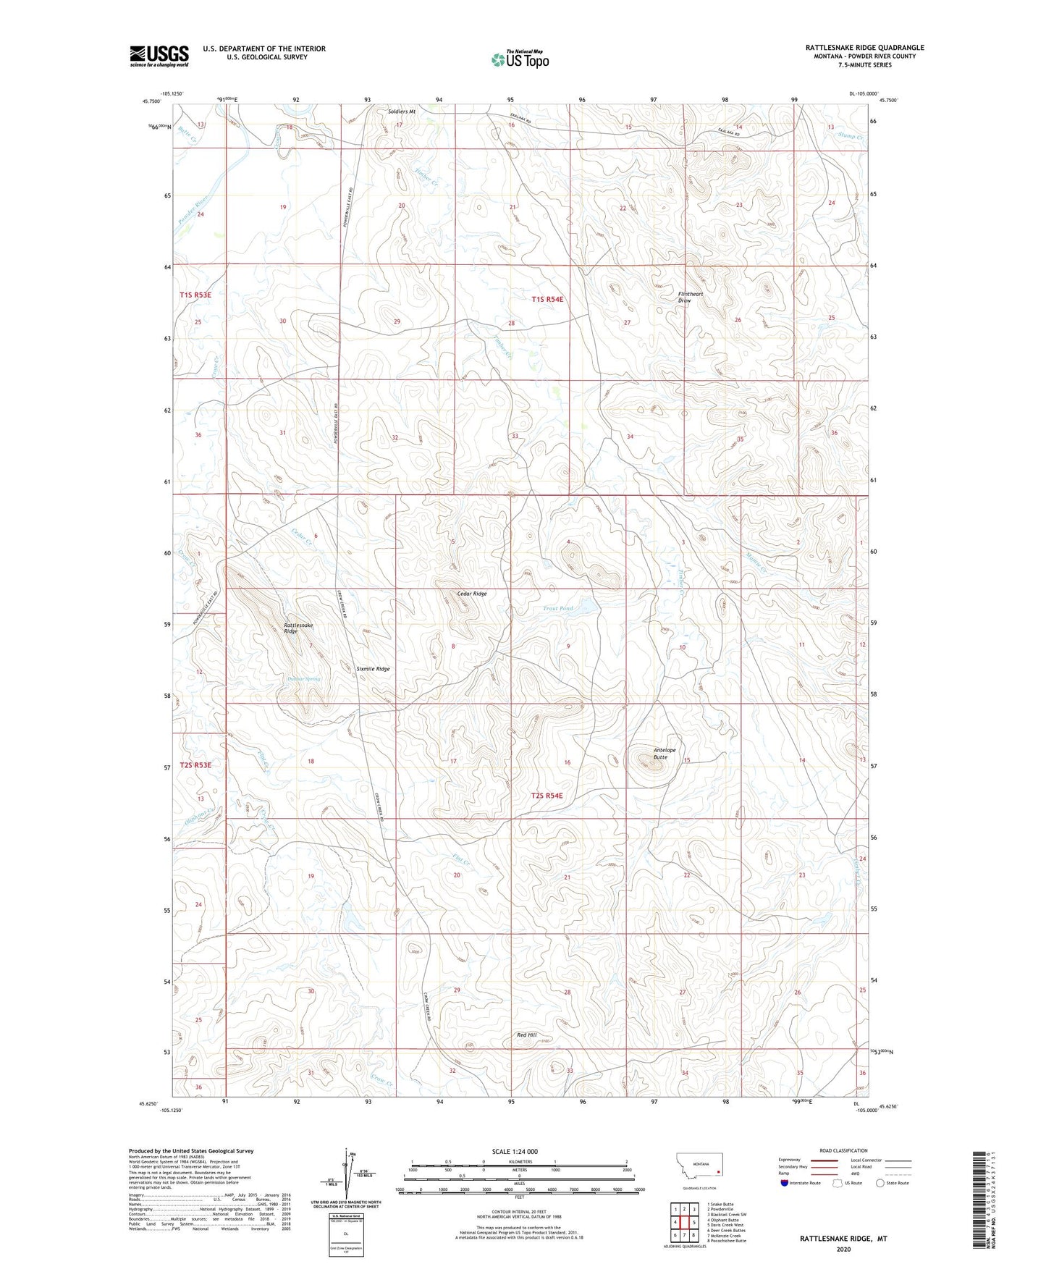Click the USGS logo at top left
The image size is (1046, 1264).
(x=159, y=56)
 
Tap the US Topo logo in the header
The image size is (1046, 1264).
(x=520, y=59)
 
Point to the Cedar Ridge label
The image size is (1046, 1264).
(x=472, y=594)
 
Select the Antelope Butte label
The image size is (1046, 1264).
(x=664, y=753)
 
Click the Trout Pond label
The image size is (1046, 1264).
(x=558, y=608)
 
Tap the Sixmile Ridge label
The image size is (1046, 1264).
(x=373, y=669)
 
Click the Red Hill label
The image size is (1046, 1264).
(x=526, y=1035)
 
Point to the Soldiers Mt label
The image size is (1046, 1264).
(x=402, y=111)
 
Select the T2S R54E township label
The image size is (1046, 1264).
(x=547, y=795)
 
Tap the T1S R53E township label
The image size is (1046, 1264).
(x=195, y=295)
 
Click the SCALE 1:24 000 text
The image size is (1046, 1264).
(x=515, y=1151)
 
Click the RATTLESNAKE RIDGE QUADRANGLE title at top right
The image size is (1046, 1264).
(x=864, y=48)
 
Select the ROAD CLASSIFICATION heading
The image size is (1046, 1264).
(x=843, y=1150)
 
